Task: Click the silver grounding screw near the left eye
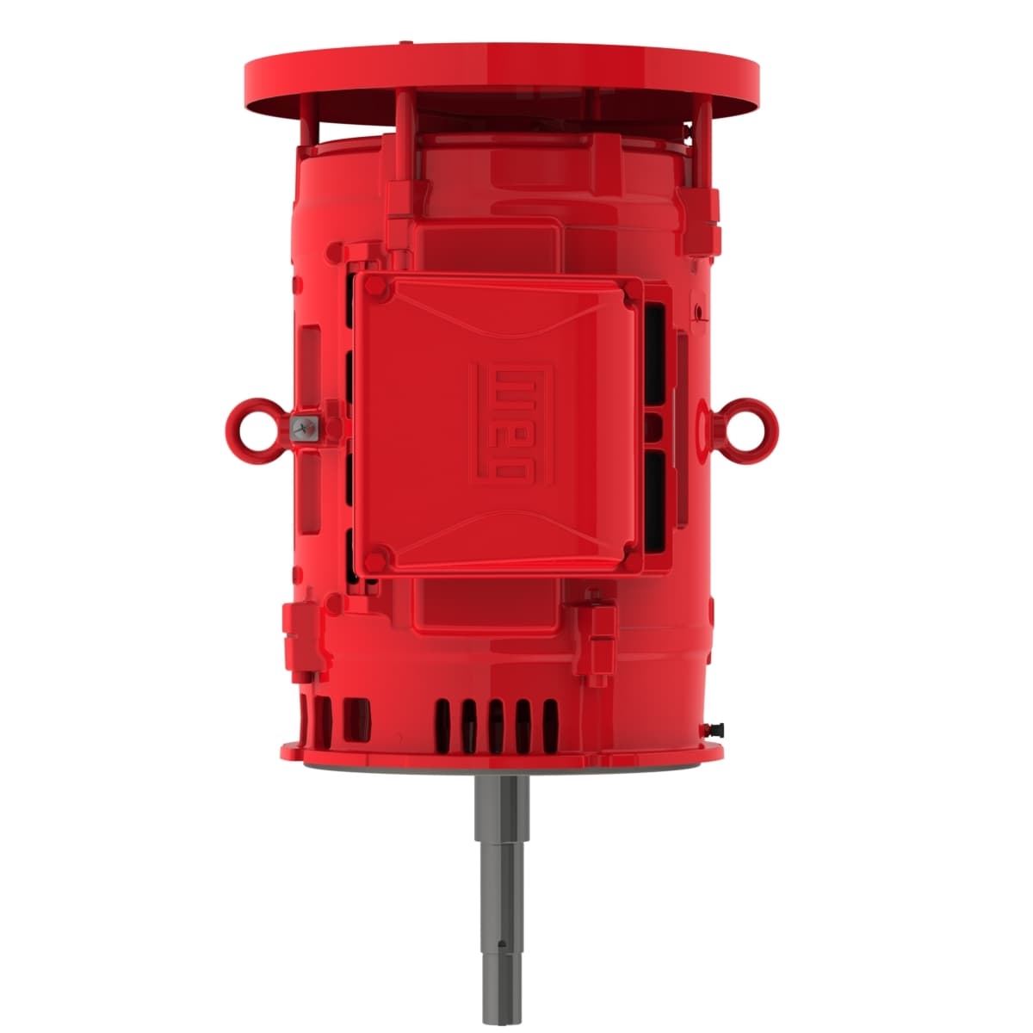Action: (x=302, y=426)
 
